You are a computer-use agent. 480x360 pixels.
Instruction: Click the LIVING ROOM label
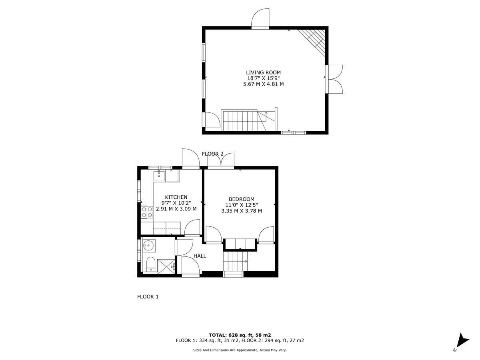tap(263, 72)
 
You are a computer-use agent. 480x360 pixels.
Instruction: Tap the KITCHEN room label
tap(176, 197)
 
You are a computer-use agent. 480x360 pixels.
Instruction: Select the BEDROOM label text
tap(241, 199)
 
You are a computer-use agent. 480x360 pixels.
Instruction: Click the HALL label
tap(200, 256)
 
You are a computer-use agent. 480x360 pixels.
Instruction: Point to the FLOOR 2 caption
tap(213, 154)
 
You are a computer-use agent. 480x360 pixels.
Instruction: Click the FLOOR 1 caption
tap(148, 297)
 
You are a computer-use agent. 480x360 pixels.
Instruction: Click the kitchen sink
tap(159, 176)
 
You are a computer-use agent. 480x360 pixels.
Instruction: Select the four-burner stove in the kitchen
tap(147, 212)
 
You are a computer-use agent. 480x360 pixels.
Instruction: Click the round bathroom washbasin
tap(149, 245)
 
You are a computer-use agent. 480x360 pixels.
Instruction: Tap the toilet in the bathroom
tap(150, 264)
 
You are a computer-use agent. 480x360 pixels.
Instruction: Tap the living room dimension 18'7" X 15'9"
tap(263, 78)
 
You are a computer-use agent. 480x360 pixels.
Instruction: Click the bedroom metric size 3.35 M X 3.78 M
tap(241, 211)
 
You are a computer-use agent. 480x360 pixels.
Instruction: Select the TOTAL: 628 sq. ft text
tap(240, 335)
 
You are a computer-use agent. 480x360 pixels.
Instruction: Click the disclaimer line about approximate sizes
tap(240, 350)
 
